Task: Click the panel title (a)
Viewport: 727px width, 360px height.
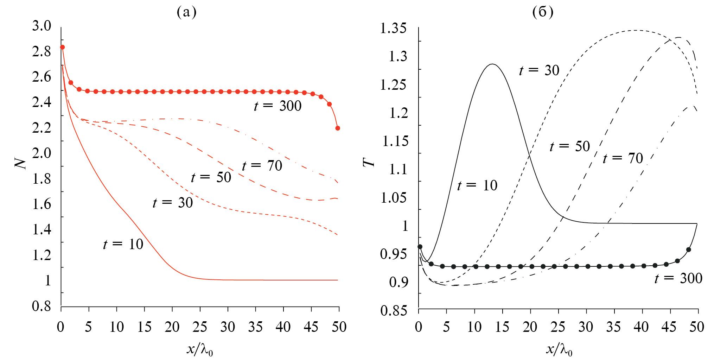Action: click(186, 12)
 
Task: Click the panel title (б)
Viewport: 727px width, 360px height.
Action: click(543, 12)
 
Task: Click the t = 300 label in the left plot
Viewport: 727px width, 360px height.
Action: click(278, 106)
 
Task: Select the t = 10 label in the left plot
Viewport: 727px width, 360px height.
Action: click(123, 244)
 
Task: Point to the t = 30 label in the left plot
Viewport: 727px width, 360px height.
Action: click(173, 203)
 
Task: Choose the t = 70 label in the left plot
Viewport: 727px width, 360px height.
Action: click(262, 166)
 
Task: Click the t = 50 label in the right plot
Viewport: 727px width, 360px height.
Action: click(570, 146)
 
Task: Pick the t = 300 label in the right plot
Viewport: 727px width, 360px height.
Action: click(678, 278)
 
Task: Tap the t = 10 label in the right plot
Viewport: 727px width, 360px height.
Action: click(477, 185)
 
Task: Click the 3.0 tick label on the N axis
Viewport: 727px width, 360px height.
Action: click(42, 26)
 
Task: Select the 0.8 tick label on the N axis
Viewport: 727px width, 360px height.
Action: click(42, 306)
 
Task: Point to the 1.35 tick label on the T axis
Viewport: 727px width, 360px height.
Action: click(393, 28)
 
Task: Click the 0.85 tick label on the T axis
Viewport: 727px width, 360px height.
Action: click(394, 310)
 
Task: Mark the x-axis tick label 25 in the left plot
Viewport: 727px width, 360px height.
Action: click(200, 327)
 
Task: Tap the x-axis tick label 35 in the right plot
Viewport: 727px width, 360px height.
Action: click(613, 327)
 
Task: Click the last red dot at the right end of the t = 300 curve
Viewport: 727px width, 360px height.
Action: click(338, 128)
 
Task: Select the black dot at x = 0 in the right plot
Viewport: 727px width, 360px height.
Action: click(420, 247)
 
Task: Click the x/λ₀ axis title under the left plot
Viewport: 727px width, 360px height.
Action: click(200, 349)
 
